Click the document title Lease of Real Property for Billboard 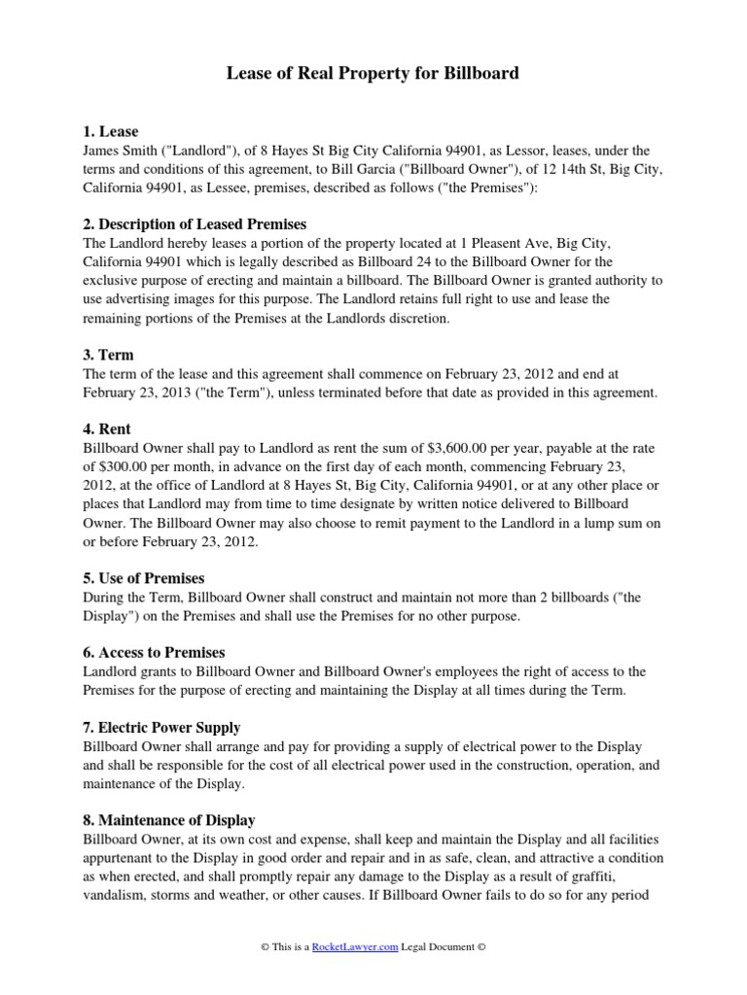[x=373, y=73]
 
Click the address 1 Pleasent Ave [x=505, y=244]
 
